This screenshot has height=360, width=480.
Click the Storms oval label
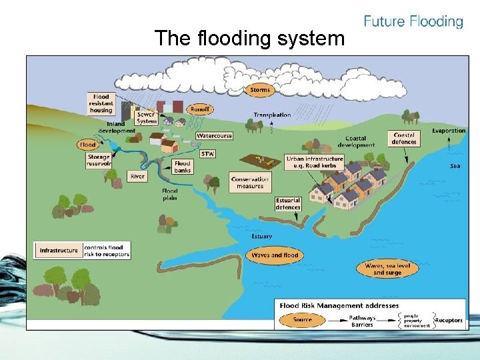pyautogui.click(x=260, y=89)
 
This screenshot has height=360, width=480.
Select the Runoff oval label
pyautogui.click(x=199, y=109)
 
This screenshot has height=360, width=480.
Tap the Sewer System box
pyautogui.click(x=146, y=117)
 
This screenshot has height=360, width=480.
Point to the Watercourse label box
pyautogui.click(x=215, y=135)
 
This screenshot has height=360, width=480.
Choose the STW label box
pyautogui.click(x=207, y=154)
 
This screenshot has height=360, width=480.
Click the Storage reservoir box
pyautogui.click(x=99, y=161)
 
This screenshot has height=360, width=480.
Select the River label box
pyautogui.click(x=137, y=177)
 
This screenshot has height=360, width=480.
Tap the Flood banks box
pyautogui.click(x=182, y=166)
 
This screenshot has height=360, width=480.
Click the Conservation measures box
pyautogui.click(x=250, y=182)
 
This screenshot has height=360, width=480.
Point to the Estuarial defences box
pyautogui.click(x=288, y=203)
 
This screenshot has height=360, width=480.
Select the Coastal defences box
pyautogui.click(x=404, y=139)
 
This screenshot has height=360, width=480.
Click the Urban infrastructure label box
pyautogui.click(x=315, y=162)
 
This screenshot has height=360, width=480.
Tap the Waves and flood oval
pyautogui.click(x=275, y=255)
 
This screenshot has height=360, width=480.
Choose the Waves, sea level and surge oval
pyautogui.click(x=387, y=269)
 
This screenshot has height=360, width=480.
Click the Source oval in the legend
pyautogui.click(x=303, y=320)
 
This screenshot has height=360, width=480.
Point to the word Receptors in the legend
pyautogui.click(x=449, y=320)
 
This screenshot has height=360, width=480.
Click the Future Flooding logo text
pyautogui.click(x=413, y=21)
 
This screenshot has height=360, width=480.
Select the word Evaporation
pyautogui.click(x=448, y=131)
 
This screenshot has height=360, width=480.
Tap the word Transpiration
pyautogui.click(x=272, y=115)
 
